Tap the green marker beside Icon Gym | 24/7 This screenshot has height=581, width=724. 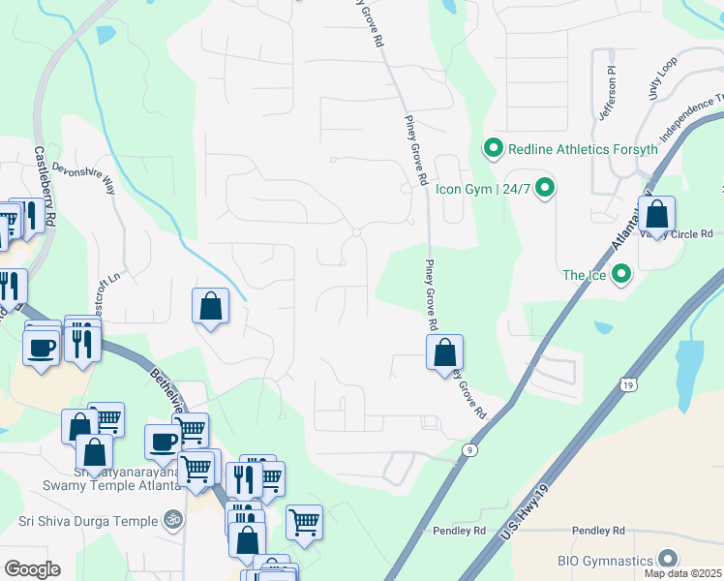click(x=545, y=188)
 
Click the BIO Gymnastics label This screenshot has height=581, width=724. click(x=605, y=560)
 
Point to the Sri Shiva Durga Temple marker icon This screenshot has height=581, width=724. click(x=172, y=521)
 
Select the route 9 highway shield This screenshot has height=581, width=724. click(x=469, y=449)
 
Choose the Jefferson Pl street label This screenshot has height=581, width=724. click(x=608, y=94)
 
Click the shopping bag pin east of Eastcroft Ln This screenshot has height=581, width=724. click(x=210, y=306)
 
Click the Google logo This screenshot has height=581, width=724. click(x=32, y=569)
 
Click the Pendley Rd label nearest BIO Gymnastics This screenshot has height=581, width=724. click(x=597, y=531)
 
